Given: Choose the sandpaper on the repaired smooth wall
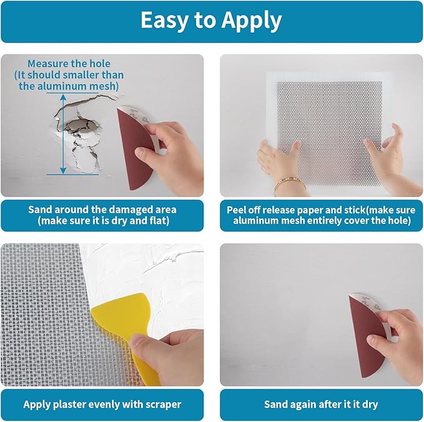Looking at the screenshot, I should tap(365, 334).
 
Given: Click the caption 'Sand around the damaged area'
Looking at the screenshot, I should tap(102, 209).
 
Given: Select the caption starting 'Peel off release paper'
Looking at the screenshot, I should tap(321, 209).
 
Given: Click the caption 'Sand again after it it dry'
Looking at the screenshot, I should tap(321, 404).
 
